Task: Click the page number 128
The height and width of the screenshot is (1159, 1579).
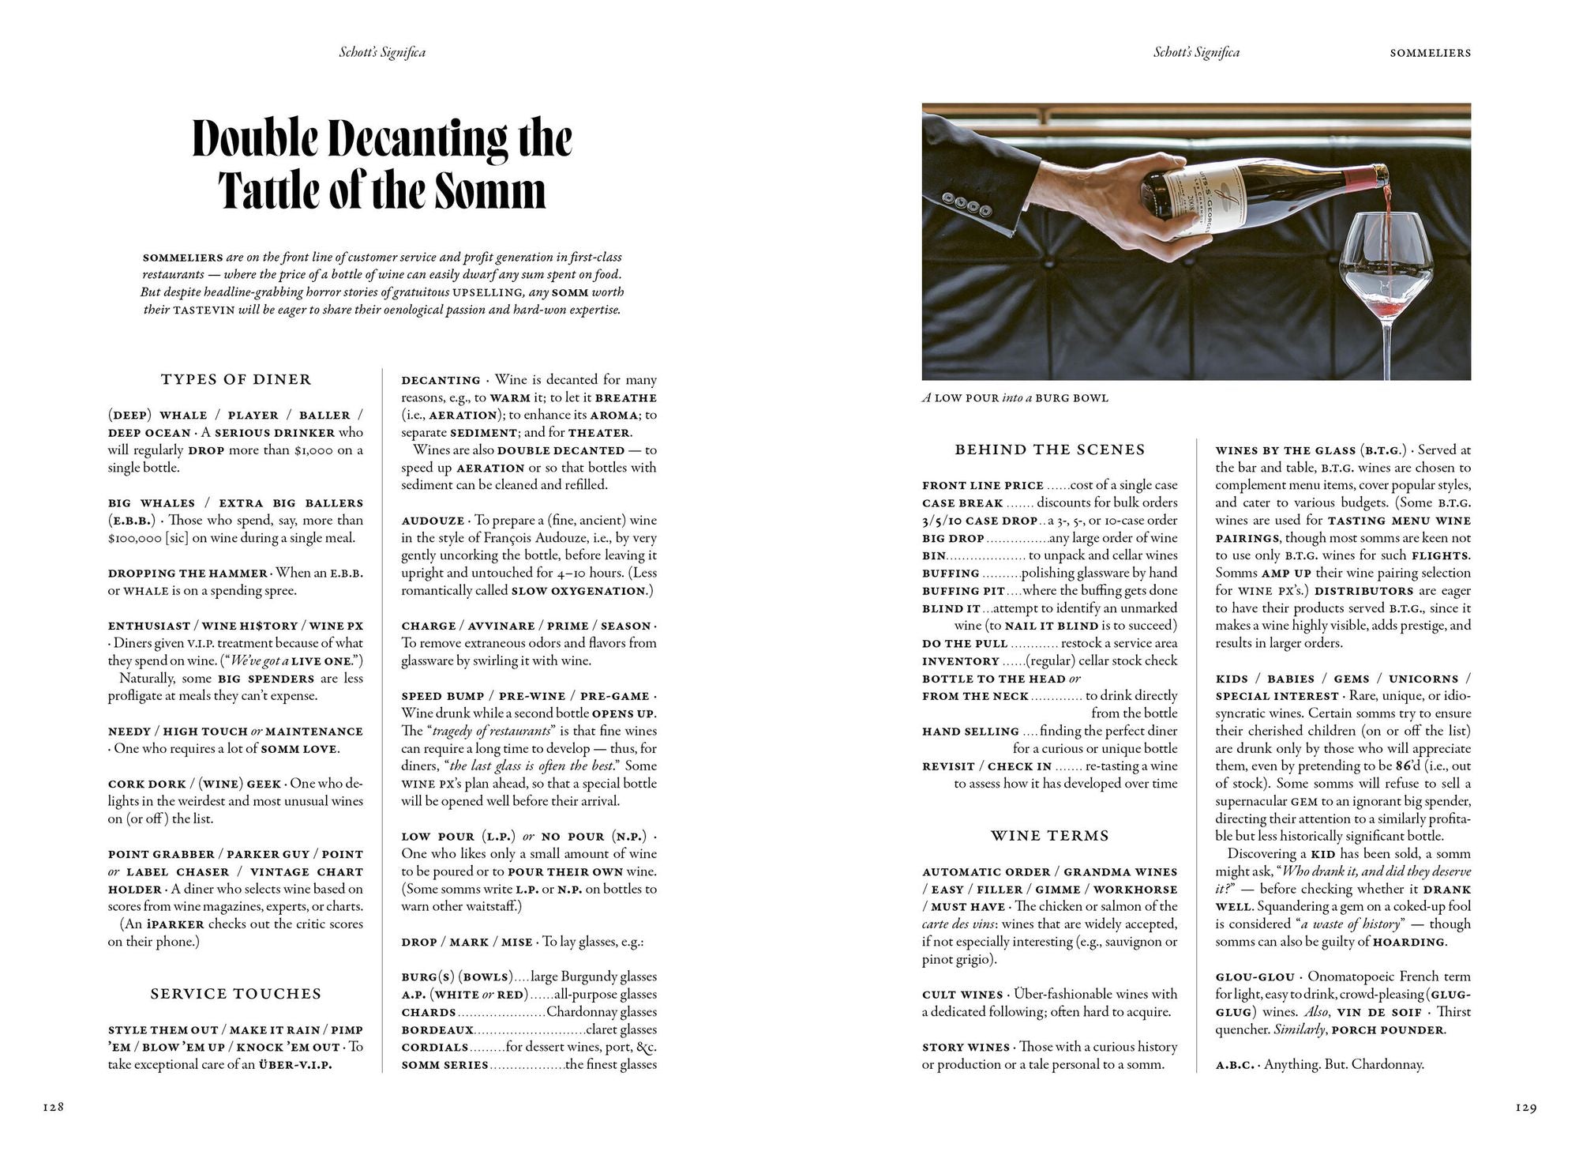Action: click(x=53, y=1108)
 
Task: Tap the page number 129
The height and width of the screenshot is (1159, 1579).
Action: click(x=1526, y=1108)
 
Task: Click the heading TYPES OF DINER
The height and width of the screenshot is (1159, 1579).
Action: click(x=236, y=380)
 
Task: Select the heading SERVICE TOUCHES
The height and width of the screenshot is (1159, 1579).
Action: click(x=236, y=994)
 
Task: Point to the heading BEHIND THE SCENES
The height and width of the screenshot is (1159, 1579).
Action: click(x=1050, y=450)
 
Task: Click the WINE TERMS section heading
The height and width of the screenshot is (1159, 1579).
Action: click(x=1050, y=836)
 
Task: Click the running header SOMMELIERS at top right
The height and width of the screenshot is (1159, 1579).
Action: click(x=1430, y=53)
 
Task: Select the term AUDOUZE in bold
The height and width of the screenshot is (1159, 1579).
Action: click(x=433, y=521)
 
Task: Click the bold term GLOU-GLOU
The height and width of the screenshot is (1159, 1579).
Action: click(x=1255, y=977)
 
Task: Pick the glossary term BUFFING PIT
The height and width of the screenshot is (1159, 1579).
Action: click(x=963, y=591)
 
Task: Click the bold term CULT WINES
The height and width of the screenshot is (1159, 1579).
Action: click(x=962, y=995)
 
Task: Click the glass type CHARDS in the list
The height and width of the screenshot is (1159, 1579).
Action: click(x=429, y=1013)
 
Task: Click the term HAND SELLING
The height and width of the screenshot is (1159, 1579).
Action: click(x=970, y=732)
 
